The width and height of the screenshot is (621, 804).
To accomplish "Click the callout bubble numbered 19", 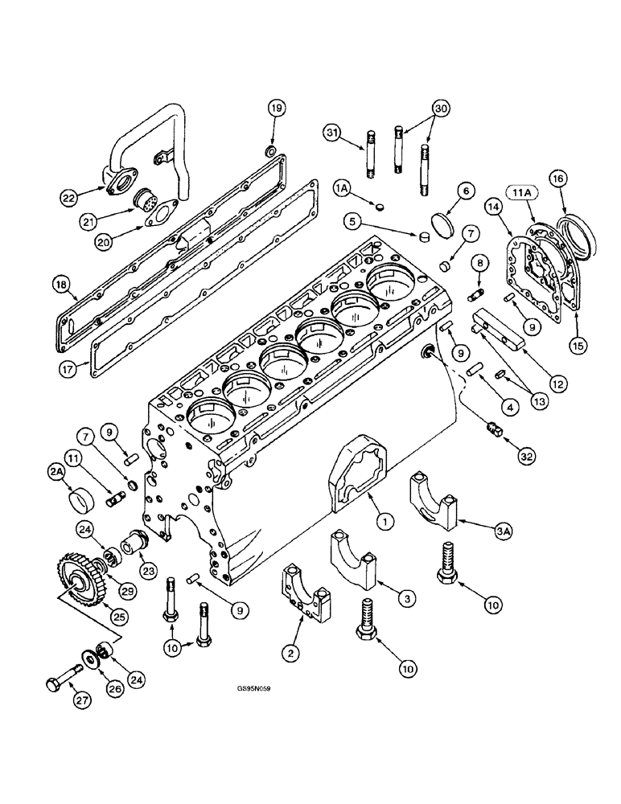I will point(275,109).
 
